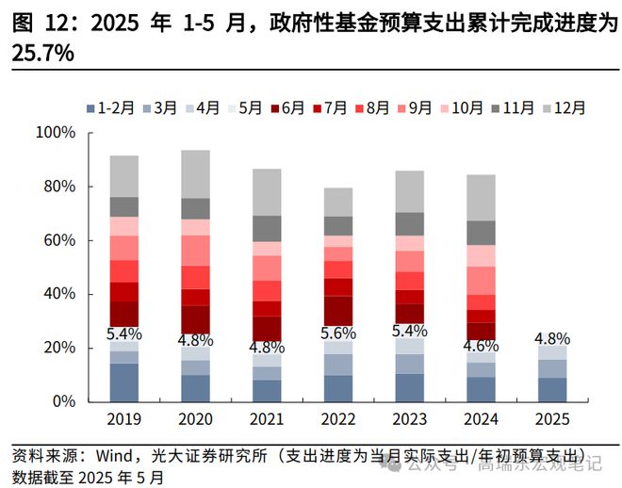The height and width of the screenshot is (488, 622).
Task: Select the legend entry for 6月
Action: click(x=287, y=107)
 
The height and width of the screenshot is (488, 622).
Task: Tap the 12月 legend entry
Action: click(x=565, y=107)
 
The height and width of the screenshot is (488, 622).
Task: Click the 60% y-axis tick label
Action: click(x=58, y=240)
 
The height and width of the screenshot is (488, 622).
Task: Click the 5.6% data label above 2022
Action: click(x=337, y=333)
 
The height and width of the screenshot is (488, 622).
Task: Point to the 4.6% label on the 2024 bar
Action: click(x=481, y=346)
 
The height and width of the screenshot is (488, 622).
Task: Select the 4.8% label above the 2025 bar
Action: click(x=552, y=338)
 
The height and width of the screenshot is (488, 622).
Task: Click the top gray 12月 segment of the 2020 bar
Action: click(x=195, y=174)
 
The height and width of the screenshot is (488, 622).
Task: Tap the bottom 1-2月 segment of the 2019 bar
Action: click(x=123, y=382)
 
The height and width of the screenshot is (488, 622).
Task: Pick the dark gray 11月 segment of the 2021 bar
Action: click(x=267, y=229)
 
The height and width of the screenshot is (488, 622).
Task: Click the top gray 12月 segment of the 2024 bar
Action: click(x=481, y=198)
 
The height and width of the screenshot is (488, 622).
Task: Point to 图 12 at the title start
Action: click(x=37, y=22)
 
